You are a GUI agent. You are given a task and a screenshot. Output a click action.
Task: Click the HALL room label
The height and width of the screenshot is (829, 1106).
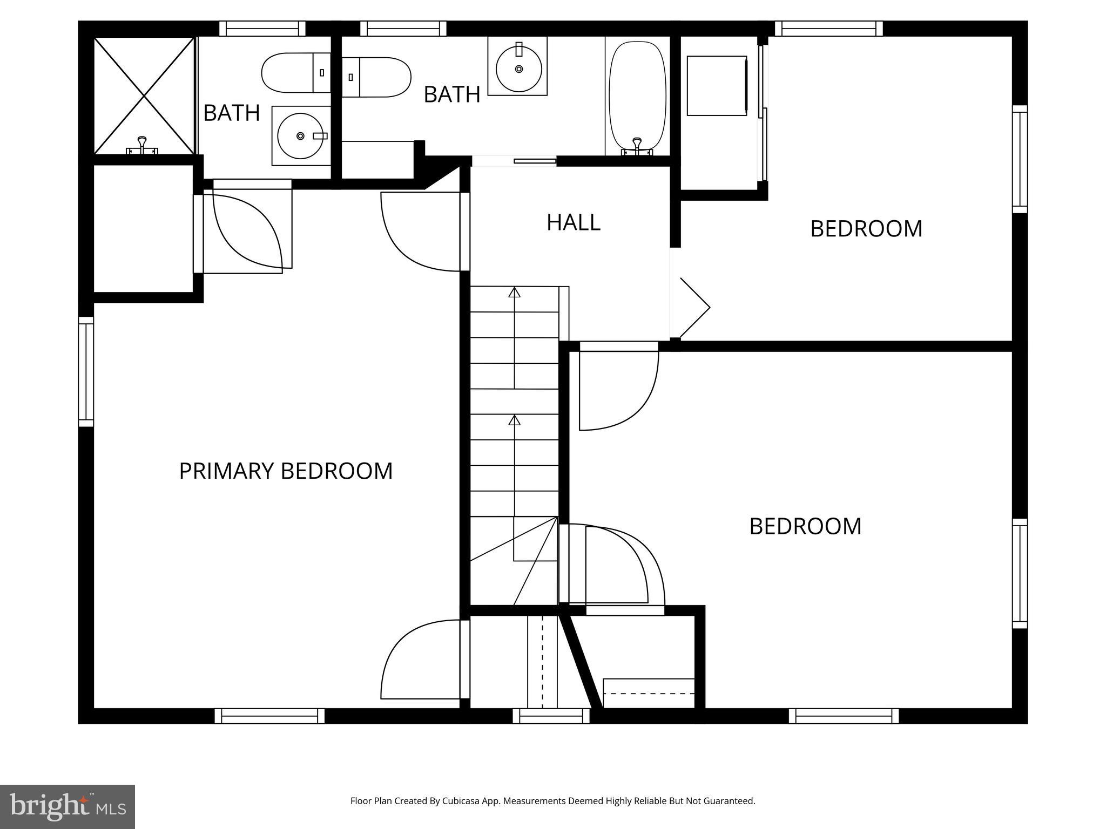tap(573, 222)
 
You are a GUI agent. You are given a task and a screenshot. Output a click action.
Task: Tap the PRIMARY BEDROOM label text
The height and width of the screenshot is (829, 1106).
tap(286, 471)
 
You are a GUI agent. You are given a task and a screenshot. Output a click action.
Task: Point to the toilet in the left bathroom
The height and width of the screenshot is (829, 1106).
tap(295, 72)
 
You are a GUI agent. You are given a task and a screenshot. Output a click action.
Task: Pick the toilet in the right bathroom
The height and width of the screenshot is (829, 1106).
tap(376, 77)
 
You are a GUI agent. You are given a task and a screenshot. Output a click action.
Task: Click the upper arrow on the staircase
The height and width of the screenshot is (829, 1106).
tap(514, 293)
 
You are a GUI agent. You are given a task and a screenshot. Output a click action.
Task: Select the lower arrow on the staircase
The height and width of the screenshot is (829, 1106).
tap(514, 420)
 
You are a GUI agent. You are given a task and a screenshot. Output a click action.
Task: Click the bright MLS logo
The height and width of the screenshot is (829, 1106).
tap(68, 806)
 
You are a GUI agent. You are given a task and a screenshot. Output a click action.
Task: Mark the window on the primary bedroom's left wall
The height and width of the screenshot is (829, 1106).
tap(86, 371)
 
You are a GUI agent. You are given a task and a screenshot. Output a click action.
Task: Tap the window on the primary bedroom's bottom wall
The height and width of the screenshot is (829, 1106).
tap(269, 716)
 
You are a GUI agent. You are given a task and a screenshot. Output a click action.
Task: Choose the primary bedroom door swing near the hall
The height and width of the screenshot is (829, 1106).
tap(421, 232)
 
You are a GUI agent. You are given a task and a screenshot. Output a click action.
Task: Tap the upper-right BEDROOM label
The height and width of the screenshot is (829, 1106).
tap(866, 229)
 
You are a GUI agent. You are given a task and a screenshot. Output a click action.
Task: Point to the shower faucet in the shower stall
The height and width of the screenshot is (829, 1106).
tap(141, 145)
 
